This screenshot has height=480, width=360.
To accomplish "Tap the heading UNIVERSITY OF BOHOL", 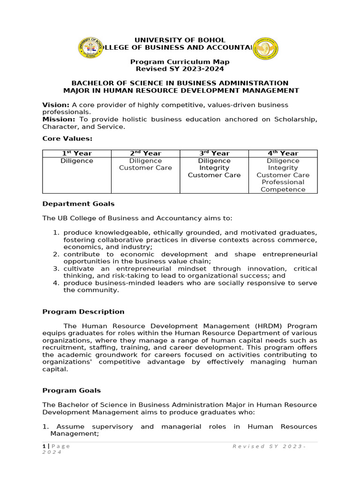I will [x=180, y=40].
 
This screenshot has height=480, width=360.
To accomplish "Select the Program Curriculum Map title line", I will [x=180, y=62].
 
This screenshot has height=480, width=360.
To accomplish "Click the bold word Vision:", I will [x=56, y=105].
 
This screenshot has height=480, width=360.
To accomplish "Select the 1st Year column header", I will [x=77, y=153].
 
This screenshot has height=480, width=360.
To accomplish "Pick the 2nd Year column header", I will [x=145, y=153].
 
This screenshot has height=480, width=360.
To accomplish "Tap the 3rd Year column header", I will [x=214, y=153].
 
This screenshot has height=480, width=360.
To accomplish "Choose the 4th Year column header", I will [x=283, y=153].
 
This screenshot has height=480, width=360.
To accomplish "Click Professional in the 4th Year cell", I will [x=283, y=182].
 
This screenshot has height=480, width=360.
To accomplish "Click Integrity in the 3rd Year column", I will [x=214, y=168].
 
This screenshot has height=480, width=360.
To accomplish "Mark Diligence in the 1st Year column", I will [x=77, y=161].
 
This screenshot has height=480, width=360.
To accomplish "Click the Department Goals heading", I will [x=78, y=204].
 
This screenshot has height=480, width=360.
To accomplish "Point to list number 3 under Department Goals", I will [x=55, y=269].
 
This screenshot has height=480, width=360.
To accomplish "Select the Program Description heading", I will [x=83, y=312].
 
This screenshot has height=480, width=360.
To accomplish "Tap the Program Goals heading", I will [x=71, y=390].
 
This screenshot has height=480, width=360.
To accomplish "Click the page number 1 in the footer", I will [x=44, y=446].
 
